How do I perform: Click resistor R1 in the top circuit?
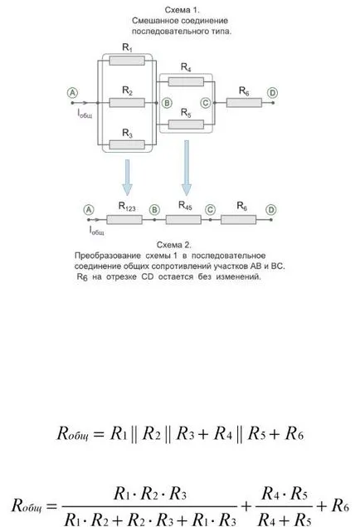point(127,61)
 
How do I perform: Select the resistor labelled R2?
point(127,103)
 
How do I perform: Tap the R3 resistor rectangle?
point(127,145)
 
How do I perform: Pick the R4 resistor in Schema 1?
point(186,81)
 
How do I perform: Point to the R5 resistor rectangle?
point(186,124)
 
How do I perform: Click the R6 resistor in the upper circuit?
point(244,103)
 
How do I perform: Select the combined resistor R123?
point(124,220)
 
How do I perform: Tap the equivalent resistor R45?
point(183,220)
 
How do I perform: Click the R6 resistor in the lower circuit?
point(238,220)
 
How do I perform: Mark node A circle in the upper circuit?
point(72,92)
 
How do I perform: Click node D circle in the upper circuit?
point(272,92)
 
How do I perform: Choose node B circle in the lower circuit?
point(154,210)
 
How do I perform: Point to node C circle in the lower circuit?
point(210,210)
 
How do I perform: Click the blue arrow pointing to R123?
point(127,178)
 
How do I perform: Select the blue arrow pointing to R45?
point(187,168)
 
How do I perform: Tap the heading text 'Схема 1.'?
point(182,10)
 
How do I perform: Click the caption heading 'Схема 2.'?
point(174,244)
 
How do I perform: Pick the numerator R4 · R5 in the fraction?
point(285,494)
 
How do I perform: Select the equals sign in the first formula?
point(99,434)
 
